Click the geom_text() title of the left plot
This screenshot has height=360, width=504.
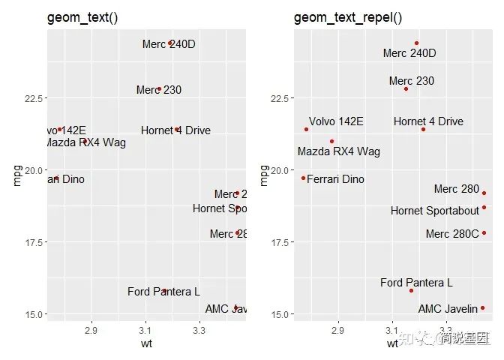(x=82, y=17)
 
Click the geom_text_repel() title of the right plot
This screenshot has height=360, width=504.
(x=348, y=17)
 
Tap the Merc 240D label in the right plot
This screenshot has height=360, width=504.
(x=409, y=53)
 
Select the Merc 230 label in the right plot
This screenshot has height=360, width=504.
(x=411, y=81)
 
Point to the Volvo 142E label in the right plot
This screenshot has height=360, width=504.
(x=336, y=121)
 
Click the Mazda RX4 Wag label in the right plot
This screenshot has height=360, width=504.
(x=338, y=151)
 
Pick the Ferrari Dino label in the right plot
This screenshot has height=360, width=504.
(x=336, y=179)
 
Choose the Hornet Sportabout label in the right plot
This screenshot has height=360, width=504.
(x=434, y=211)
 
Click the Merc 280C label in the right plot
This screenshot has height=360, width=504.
(x=451, y=234)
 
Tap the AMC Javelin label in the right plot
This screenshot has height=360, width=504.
(x=448, y=308)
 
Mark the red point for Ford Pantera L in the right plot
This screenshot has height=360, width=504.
(x=411, y=290)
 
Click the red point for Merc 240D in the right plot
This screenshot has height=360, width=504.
(x=417, y=43)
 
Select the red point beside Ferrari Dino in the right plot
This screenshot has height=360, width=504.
(x=303, y=178)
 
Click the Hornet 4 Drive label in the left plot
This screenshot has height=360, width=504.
(x=175, y=130)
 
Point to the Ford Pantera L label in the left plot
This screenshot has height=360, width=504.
(x=163, y=292)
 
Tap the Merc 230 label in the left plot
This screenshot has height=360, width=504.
(x=159, y=90)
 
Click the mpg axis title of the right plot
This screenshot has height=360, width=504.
(x=263, y=175)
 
